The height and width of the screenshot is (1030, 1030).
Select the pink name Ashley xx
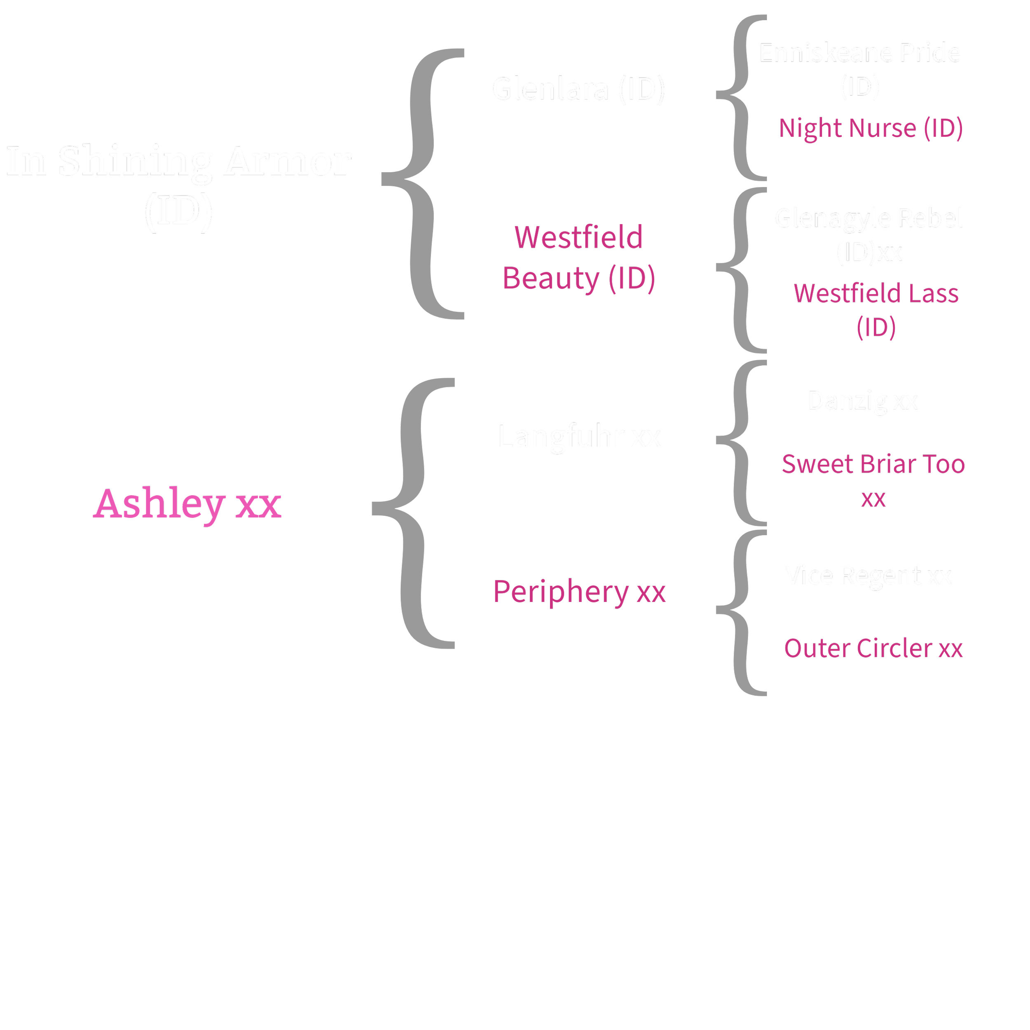coord(187,504)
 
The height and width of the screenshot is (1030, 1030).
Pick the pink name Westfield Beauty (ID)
coord(578,257)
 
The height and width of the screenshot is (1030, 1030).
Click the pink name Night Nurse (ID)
coord(871,128)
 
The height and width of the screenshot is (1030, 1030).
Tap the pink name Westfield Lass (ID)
coord(876,310)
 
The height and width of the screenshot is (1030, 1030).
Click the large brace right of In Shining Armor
coord(421,181)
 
